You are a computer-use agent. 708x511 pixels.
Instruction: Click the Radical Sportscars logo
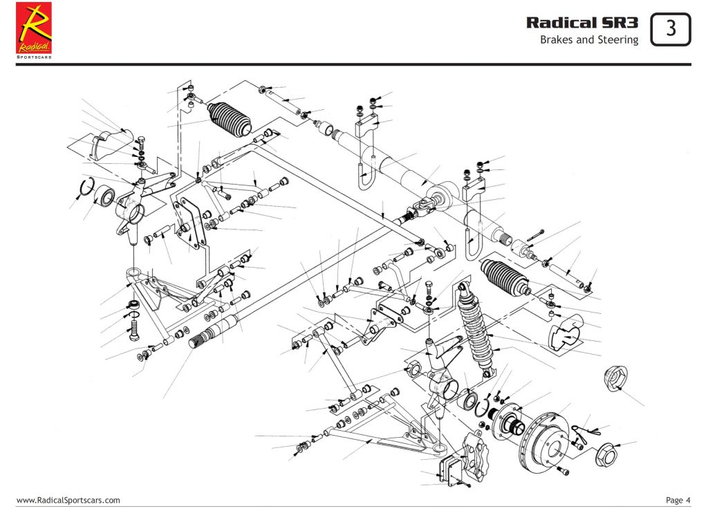(x=34, y=30)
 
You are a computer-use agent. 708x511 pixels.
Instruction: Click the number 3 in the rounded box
(x=671, y=28)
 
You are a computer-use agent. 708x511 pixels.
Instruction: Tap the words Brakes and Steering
(x=588, y=40)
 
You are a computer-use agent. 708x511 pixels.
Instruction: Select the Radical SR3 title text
(x=582, y=22)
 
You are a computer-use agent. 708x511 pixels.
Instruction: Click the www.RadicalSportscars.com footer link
(x=68, y=500)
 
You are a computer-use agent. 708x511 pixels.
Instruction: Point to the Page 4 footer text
(x=678, y=500)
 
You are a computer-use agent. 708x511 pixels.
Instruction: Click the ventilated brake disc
(x=546, y=443)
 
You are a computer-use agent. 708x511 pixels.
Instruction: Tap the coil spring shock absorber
(x=476, y=325)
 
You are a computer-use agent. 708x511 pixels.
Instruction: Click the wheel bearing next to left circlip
(x=104, y=196)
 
